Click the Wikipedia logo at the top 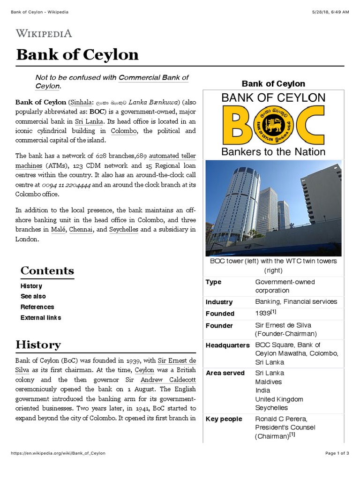click(44, 33)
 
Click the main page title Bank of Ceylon click(77, 54)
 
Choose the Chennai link click(81, 229)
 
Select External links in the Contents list click(41, 317)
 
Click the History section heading click(38, 345)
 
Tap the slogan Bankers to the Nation click(273, 151)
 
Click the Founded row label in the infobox click(220, 314)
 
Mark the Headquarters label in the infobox click(227, 345)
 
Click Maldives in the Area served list click(269, 382)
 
